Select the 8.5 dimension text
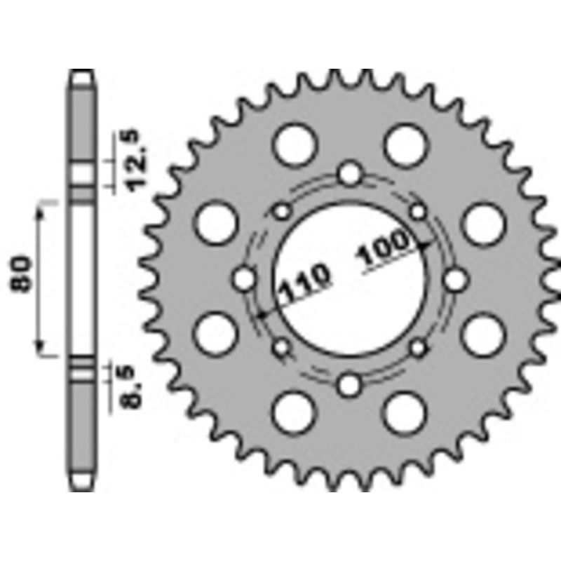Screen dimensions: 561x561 pyautogui.click(x=133, y=388)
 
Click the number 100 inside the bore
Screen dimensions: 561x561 pyautogui.click(x=384, y=250)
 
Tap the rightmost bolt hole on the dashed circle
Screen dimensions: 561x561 pyautogui.click(x=456, y=280)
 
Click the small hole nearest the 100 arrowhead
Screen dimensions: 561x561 pyautogui.click(x=419, y=211)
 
